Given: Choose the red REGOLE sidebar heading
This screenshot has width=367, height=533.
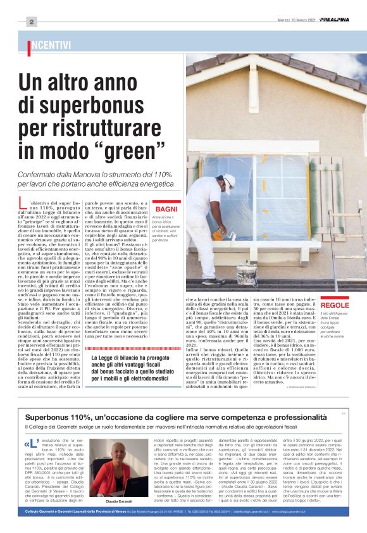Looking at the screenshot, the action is tap(334, 305).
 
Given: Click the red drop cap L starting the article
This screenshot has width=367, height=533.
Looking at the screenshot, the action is tap(25, 205).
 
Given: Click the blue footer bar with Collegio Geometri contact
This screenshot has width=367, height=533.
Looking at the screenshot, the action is tap(183, 528).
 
